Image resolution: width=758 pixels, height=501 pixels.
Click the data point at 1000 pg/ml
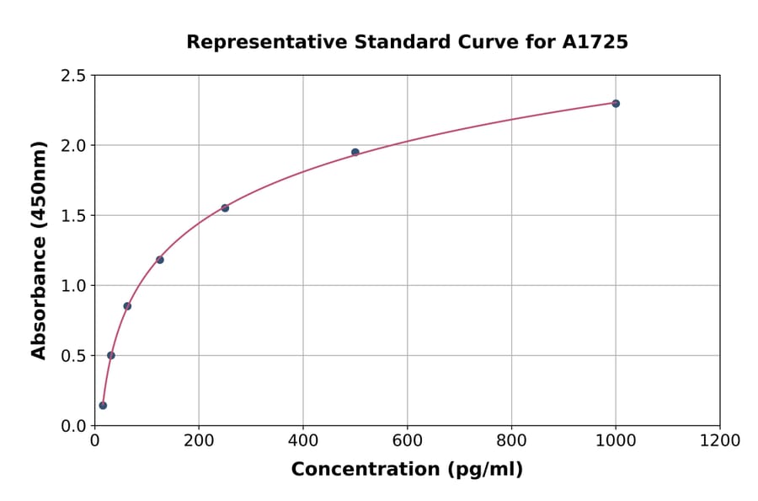click(x=616, y=104)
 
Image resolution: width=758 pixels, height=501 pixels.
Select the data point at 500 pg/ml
click(x=355, y=153)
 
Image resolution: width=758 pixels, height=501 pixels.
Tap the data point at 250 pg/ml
click(x=225, y=208)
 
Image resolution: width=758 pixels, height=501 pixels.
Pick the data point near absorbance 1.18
click(x=160, y=260)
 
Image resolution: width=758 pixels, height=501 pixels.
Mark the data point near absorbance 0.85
click(x=127, y=306)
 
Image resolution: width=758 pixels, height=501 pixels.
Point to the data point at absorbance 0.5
click(x=111, y=355)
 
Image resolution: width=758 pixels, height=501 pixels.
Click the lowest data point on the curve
click(x=103, y=406)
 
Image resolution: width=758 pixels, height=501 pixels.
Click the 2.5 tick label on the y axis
click(x=73, y=76)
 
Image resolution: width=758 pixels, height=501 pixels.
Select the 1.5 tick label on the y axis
click(x=73, y=216)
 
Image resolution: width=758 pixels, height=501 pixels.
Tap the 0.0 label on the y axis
click(x=73, y=426)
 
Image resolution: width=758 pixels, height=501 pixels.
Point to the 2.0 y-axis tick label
click(x=73, y=146)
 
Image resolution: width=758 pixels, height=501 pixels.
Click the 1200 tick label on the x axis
click(x=719, y=440)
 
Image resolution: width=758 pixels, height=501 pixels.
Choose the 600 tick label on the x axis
click(x=407, y=440)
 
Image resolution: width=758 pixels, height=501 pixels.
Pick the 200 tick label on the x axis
click(x=199, y=440)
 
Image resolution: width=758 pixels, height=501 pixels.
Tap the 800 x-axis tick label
click(x=511, y=440)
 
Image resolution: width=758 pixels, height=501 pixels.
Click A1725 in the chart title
click(x=595, y=42)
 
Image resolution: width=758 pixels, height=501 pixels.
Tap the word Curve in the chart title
click(x=484, y=42)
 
